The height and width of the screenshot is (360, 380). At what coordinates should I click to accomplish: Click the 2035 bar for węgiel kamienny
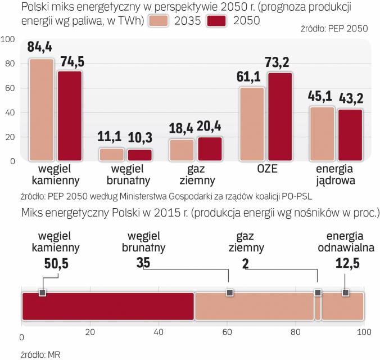coord(42,110)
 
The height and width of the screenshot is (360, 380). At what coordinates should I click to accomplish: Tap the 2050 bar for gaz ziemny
coord(209,148)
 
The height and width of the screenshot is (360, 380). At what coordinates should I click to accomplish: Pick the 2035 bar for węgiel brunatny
coord(112,154)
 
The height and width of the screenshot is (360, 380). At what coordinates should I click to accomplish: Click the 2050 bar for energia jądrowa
coord(350,134)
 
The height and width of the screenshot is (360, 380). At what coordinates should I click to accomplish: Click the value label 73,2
coord(279,62)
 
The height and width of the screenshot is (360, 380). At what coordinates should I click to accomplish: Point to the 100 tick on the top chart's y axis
coord(8,39)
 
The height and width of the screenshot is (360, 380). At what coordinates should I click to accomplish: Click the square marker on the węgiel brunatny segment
coord(229,292)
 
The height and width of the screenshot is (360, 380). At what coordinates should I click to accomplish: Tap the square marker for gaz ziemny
coord(318,292)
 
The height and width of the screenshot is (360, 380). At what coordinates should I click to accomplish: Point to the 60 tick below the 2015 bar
coord(228,330)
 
